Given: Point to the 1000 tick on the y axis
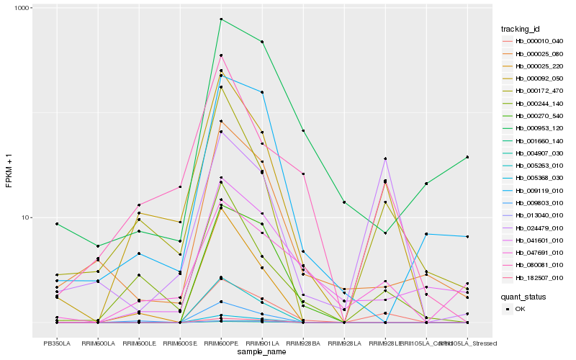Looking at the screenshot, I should pos(35,8).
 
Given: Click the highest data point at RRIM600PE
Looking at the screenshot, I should pos(221,19).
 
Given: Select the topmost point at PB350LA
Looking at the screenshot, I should pos(57,224).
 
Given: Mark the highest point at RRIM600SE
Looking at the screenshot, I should pos(180,187).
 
